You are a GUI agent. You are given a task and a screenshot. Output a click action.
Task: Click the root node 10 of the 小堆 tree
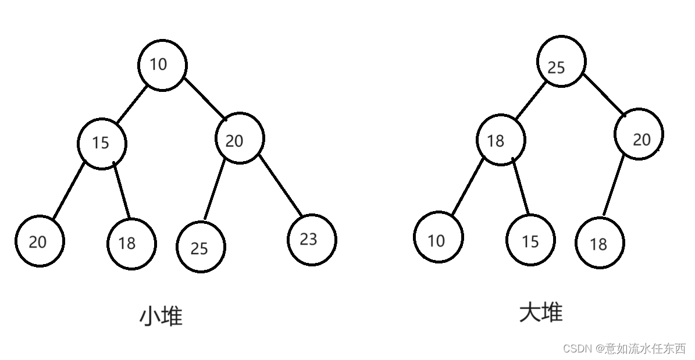click(162, 65)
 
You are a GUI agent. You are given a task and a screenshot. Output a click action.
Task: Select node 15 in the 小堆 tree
click(102, 143)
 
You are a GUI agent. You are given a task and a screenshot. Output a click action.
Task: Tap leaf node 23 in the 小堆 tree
click(311, 239)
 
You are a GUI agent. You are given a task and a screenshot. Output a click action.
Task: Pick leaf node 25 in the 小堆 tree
click(201, 247)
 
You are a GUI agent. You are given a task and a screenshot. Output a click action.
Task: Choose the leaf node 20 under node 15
click(40, 241)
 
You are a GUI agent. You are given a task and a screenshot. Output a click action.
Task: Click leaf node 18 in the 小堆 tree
click(131, 243)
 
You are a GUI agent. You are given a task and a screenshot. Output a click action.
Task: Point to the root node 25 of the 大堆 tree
click(561, 62)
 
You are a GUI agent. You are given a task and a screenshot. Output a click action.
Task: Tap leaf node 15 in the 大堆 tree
click(530, 240)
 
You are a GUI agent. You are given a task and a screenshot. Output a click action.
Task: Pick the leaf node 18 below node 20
click(599, 243)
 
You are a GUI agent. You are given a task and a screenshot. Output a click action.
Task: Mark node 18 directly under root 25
click(500, 140)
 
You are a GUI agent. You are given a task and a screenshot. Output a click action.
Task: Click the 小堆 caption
click(161, 316)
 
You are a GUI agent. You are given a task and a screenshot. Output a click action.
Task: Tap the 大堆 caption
click(541, 312)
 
